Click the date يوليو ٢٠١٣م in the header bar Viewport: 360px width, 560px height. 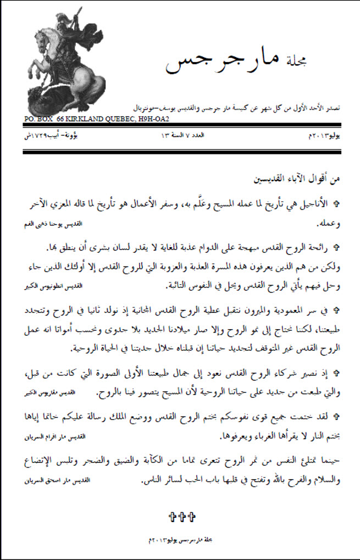(322, 135)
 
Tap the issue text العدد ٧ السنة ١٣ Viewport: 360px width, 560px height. (182, 135)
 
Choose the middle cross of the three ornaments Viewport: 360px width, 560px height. (180, 517)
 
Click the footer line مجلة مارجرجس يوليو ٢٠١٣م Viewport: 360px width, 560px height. (180, 541)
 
